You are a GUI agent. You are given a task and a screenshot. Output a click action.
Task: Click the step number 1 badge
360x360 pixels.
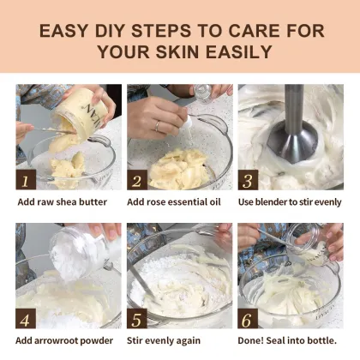[27, 181]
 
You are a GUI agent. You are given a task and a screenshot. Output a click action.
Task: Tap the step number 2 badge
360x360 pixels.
[136, 181]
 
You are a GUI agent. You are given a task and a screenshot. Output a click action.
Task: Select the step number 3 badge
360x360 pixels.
[248, 181]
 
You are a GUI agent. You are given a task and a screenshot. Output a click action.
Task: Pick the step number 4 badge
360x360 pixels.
[27, 319]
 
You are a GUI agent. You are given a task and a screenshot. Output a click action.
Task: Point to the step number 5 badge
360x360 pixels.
[136, 319]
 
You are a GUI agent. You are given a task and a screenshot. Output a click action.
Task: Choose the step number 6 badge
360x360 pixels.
[248, 319]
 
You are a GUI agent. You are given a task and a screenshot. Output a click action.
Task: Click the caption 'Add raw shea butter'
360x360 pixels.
[63, 202]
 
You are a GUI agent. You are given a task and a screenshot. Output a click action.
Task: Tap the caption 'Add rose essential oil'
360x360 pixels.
[174, 202]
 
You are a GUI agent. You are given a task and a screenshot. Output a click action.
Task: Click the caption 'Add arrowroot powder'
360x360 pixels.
[65, 340]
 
